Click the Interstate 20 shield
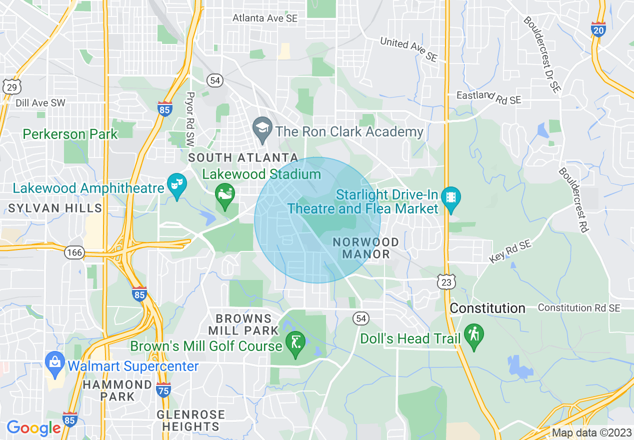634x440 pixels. pos(598,29)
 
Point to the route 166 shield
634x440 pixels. pos(74,252)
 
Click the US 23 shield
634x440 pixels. pos(446,281)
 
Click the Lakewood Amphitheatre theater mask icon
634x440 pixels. pos(176,185)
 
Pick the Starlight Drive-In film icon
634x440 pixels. pos(451,197)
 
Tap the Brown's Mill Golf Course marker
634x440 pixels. pos(295,343)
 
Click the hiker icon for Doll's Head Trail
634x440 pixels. pos(473,335)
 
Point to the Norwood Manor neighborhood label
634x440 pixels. pos(366,248)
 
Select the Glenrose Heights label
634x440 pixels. pos(190,421)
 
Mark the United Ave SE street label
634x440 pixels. pos(408,49)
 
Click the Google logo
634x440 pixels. pos(33,427)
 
